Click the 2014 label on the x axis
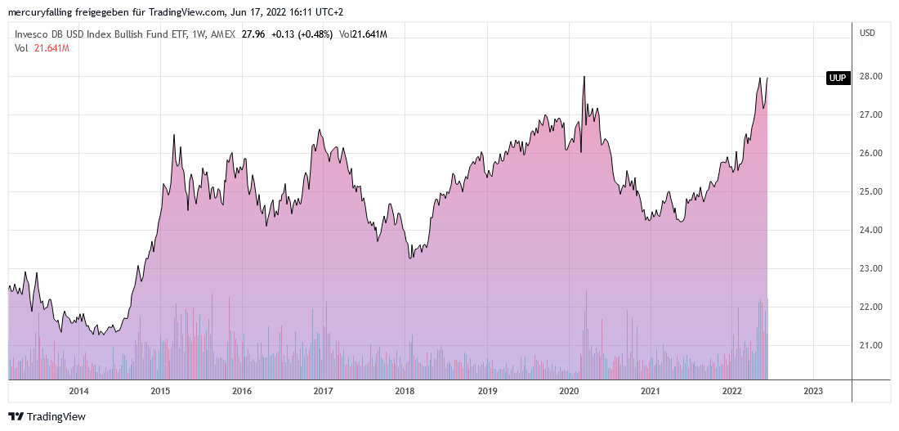[78, 391]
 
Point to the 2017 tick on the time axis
[324, 391]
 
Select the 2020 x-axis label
[568, 391]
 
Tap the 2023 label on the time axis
[813, 391]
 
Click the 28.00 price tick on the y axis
[870, 77]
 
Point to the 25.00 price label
[870, 192]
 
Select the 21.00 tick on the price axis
[870, 346]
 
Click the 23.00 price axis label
[870, 269]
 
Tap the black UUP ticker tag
[837, 78]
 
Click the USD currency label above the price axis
[868, 33]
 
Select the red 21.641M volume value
[50, 48]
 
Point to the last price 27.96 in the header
[253, 34]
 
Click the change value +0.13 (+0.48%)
[302, 34]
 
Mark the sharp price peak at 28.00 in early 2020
[584, 77]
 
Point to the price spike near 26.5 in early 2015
[174, 135]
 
